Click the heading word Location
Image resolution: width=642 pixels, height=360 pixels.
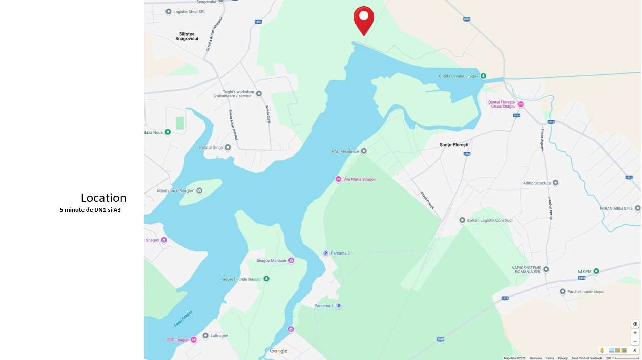[103, 198]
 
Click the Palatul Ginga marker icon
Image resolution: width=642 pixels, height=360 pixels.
[227, 147]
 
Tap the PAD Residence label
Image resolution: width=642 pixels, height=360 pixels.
[345, 151]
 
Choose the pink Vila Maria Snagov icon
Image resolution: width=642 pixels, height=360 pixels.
[338, 179]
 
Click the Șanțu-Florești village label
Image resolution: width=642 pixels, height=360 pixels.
[454, 145]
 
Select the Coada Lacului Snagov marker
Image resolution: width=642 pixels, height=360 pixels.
[483, 76]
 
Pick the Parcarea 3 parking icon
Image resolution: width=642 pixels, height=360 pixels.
[325, 253]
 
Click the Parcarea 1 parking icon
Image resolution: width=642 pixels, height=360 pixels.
[338, 306]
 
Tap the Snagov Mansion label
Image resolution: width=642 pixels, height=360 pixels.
[271, 261]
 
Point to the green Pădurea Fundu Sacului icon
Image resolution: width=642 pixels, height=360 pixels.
[266, 279]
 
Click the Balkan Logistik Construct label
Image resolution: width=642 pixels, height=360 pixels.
[489, 220]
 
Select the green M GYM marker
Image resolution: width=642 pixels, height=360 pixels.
[596, 271]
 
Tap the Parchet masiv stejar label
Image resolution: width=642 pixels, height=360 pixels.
[585, 292]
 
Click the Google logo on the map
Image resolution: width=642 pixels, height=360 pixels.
[279, 351]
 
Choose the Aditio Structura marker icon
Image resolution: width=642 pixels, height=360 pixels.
[555, 183]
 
